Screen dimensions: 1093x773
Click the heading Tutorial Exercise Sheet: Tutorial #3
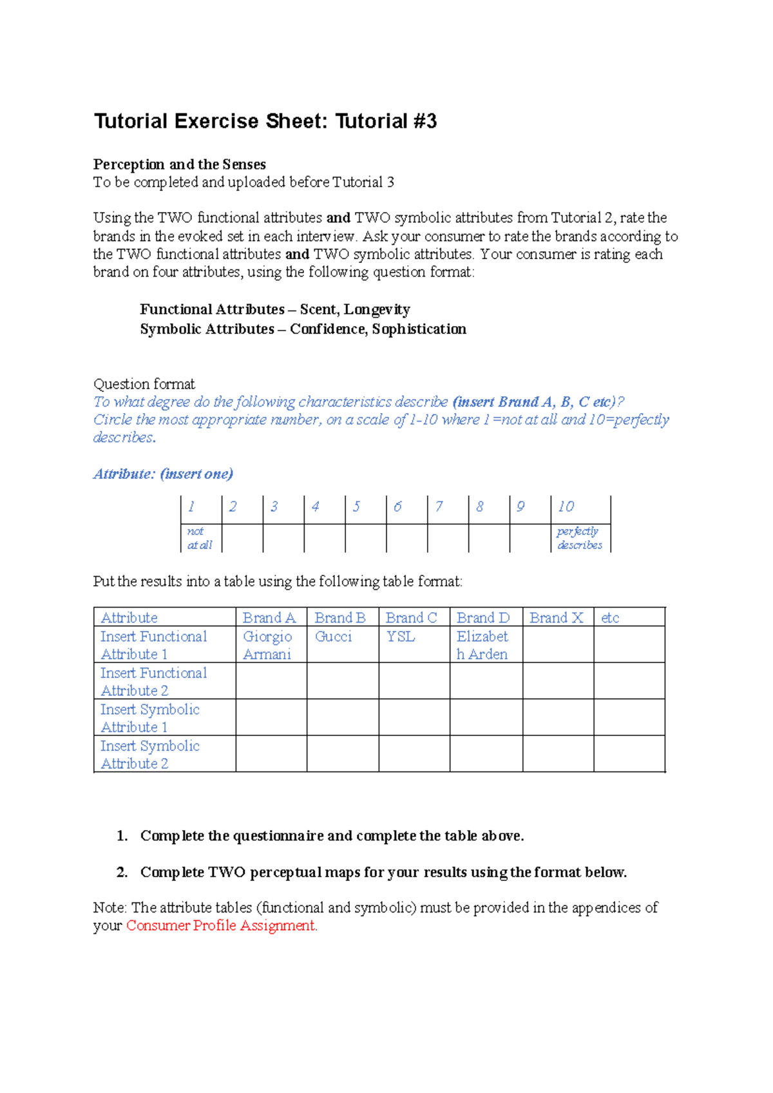click(265, 121)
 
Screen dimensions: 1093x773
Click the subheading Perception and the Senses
click(180, 164)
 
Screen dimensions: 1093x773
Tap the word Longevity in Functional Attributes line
click(377, 309)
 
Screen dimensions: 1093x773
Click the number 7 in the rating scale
click(439, 507)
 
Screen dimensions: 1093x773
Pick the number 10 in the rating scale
click(566, 507)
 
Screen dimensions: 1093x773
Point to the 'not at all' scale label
click(199, 538)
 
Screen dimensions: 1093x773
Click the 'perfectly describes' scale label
click(579, 538)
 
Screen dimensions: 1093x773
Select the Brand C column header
click(411, 618)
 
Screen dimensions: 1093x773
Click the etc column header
click(610, 618)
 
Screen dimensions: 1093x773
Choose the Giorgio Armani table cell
click(267, 645)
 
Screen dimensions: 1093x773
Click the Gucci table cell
click(333, 637)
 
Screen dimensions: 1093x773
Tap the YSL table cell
click(401, 637)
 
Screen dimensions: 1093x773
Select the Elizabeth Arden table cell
click(482, 645)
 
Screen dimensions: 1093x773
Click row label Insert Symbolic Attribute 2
click(150, 755)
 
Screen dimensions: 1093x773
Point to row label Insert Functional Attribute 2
click(153, 682)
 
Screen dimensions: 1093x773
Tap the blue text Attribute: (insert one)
click(163, 474)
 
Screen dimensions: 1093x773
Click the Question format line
click(144, 385)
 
